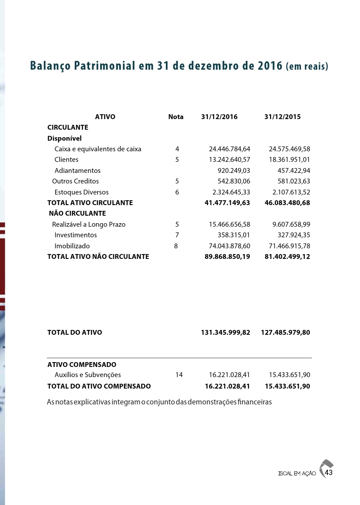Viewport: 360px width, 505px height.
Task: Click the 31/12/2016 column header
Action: click(x=219, y=117)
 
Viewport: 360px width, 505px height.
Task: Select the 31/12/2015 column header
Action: click(x=282, y=117)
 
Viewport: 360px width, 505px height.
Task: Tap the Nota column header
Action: click(x=176, y=117)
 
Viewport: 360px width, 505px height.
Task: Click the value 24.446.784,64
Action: click(x=229, y=149)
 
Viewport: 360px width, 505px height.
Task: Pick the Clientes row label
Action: click(x=66, y=160)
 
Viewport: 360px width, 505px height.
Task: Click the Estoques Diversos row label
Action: click(x=81, y=192)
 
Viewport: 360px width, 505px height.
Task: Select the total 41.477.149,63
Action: click(x=227, y=203)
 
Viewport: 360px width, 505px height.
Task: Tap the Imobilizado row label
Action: click(x=72, y=246)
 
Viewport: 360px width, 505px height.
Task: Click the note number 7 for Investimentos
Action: click(x=177, y=235)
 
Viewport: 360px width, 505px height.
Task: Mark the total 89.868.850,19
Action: click(x=227, y=257)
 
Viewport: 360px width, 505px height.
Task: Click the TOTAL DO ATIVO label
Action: click(x=75, y=333)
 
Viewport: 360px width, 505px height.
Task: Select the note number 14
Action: click(x=179, y=375)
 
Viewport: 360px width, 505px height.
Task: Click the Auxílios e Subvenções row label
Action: click(x=87, y=375)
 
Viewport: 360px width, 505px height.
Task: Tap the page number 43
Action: click(x=328, y=473)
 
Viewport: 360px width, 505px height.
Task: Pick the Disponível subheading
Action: click(x=64, y=138)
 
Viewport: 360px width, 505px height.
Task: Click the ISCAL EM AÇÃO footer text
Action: click(x=297, y=474)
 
